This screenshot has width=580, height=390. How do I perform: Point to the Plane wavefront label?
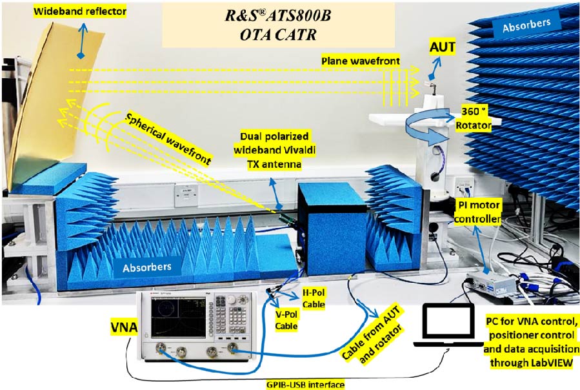point(360,60)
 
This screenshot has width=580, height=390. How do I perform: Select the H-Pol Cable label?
point(318,298)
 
